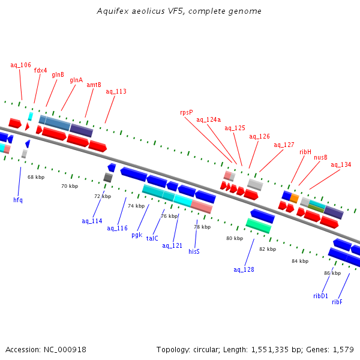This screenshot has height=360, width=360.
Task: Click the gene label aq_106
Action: pos(20,65)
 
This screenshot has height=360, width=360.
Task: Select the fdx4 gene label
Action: pos(41,70)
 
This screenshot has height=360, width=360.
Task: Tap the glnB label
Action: pos(58,74)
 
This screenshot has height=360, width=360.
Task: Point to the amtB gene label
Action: pos(94,85)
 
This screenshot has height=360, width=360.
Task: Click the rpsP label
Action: pos(187,112)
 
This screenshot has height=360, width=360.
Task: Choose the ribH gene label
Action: pos(305,152)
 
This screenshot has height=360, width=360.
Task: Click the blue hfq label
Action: pos(18,199)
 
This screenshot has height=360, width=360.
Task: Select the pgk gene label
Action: pos(137,235)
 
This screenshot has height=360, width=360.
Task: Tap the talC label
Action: pos(152,238)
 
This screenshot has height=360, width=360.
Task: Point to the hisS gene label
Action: pos(194,251)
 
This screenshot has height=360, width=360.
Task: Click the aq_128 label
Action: pos(244,269)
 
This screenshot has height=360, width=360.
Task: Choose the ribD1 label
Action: pos(320,295)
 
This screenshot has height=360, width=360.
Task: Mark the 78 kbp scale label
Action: pos(202,227)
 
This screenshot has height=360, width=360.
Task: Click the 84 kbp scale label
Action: pos(300,261)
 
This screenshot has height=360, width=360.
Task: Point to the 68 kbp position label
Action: pos(36,177)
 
